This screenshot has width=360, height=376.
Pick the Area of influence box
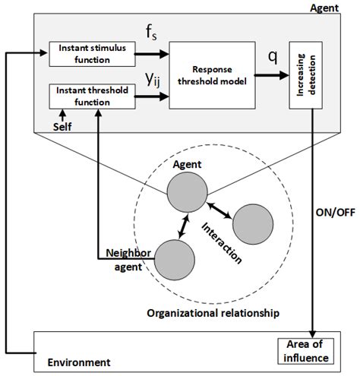coord(305,350)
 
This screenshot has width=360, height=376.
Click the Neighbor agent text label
coord(128,259)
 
